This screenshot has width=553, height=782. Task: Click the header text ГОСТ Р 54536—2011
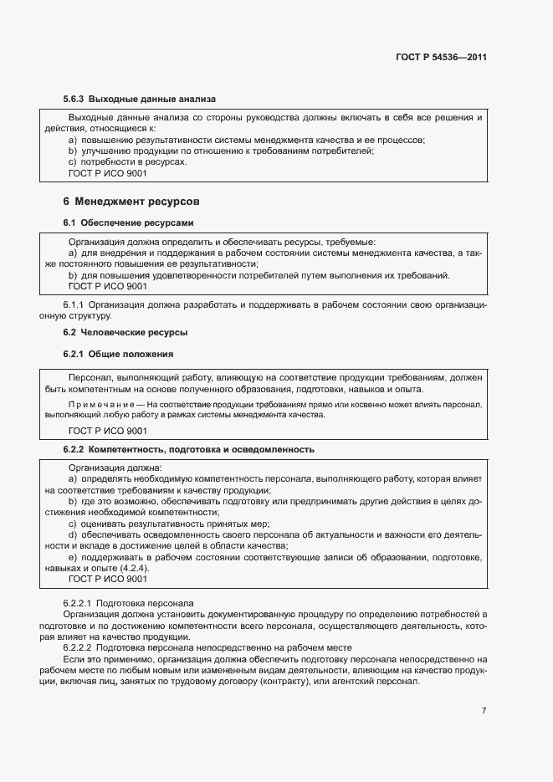[441, 58]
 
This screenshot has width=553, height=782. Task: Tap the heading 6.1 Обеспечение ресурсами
[128, 223]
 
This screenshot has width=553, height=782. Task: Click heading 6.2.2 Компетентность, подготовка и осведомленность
[188, 449]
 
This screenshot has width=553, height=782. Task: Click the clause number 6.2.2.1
[79, 602]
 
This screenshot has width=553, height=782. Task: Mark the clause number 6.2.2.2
[79, 648]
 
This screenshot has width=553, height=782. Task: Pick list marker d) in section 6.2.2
[73, 534]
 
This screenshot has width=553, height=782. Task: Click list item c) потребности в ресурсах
[127, 161]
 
